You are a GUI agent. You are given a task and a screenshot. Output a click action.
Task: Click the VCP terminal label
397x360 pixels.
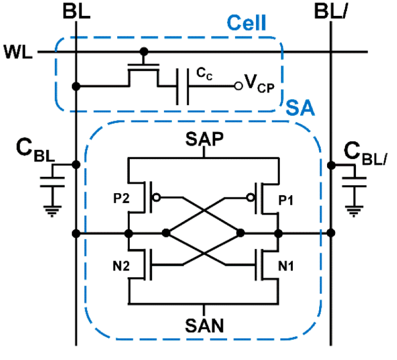[x=259, y=84]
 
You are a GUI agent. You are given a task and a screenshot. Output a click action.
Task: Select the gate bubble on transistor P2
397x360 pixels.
[x=156, y=199]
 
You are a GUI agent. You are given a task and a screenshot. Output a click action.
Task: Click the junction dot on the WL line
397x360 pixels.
[x=142, y=52]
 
